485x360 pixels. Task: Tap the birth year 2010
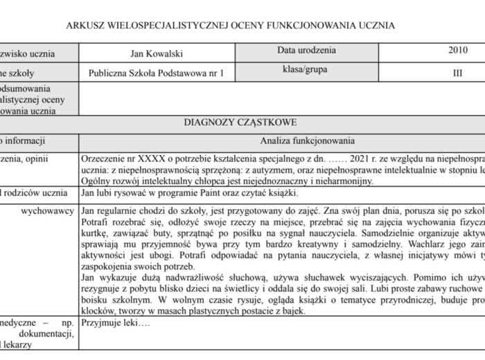pyautogui.click(x=457, y=51)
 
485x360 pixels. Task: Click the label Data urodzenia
pyautogui.click(x=306, y=51)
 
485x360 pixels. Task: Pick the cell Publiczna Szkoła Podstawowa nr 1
pyautogui.click(x=157, y=73)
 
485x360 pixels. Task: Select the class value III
pyautogui.click(x=457, y=73)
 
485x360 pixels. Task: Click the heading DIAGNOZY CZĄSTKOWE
pyautogui.click(x=240, y=123)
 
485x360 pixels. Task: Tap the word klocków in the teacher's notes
pyautogui.click(x=98, y=310)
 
